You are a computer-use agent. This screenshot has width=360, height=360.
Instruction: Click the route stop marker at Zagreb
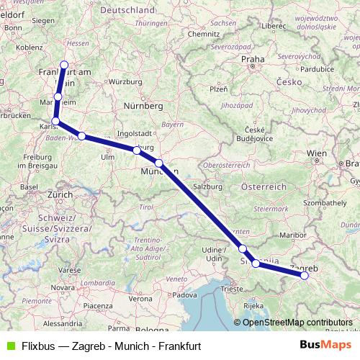click(305, 275)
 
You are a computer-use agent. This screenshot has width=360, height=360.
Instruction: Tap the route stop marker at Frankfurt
click(64, 66)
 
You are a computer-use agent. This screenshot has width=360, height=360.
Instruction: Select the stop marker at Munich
click(158, 163)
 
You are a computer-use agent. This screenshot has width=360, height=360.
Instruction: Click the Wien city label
click(317, 153)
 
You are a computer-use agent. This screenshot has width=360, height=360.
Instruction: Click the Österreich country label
click(264, 186)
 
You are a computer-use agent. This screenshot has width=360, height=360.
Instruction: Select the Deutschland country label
click(127, 11)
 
